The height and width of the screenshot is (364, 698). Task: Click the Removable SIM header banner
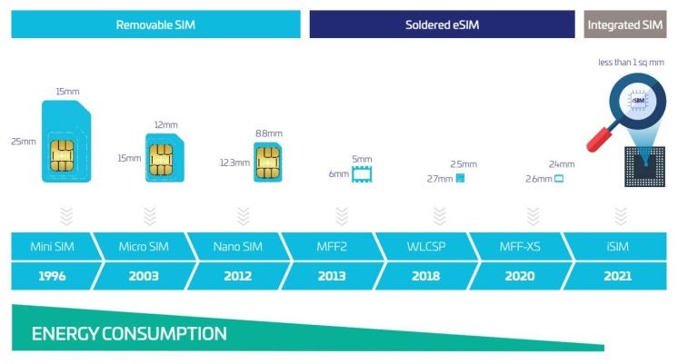(155, 25)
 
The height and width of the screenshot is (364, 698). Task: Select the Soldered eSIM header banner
(441, 25)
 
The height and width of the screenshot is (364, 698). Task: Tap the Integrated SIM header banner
(625, 25)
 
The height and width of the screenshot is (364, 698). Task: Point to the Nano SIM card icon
(267, 162)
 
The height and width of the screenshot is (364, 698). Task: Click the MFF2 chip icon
(363, 173)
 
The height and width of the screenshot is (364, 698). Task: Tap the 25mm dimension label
(24, 142)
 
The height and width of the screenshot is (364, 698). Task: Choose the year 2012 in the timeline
(238, 276)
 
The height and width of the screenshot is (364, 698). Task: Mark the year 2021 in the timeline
(616, 276)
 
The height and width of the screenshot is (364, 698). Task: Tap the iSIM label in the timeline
(616, 247)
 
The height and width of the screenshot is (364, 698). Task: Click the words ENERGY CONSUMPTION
(129, 334)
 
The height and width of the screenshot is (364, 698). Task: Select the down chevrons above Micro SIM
(150, 215)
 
